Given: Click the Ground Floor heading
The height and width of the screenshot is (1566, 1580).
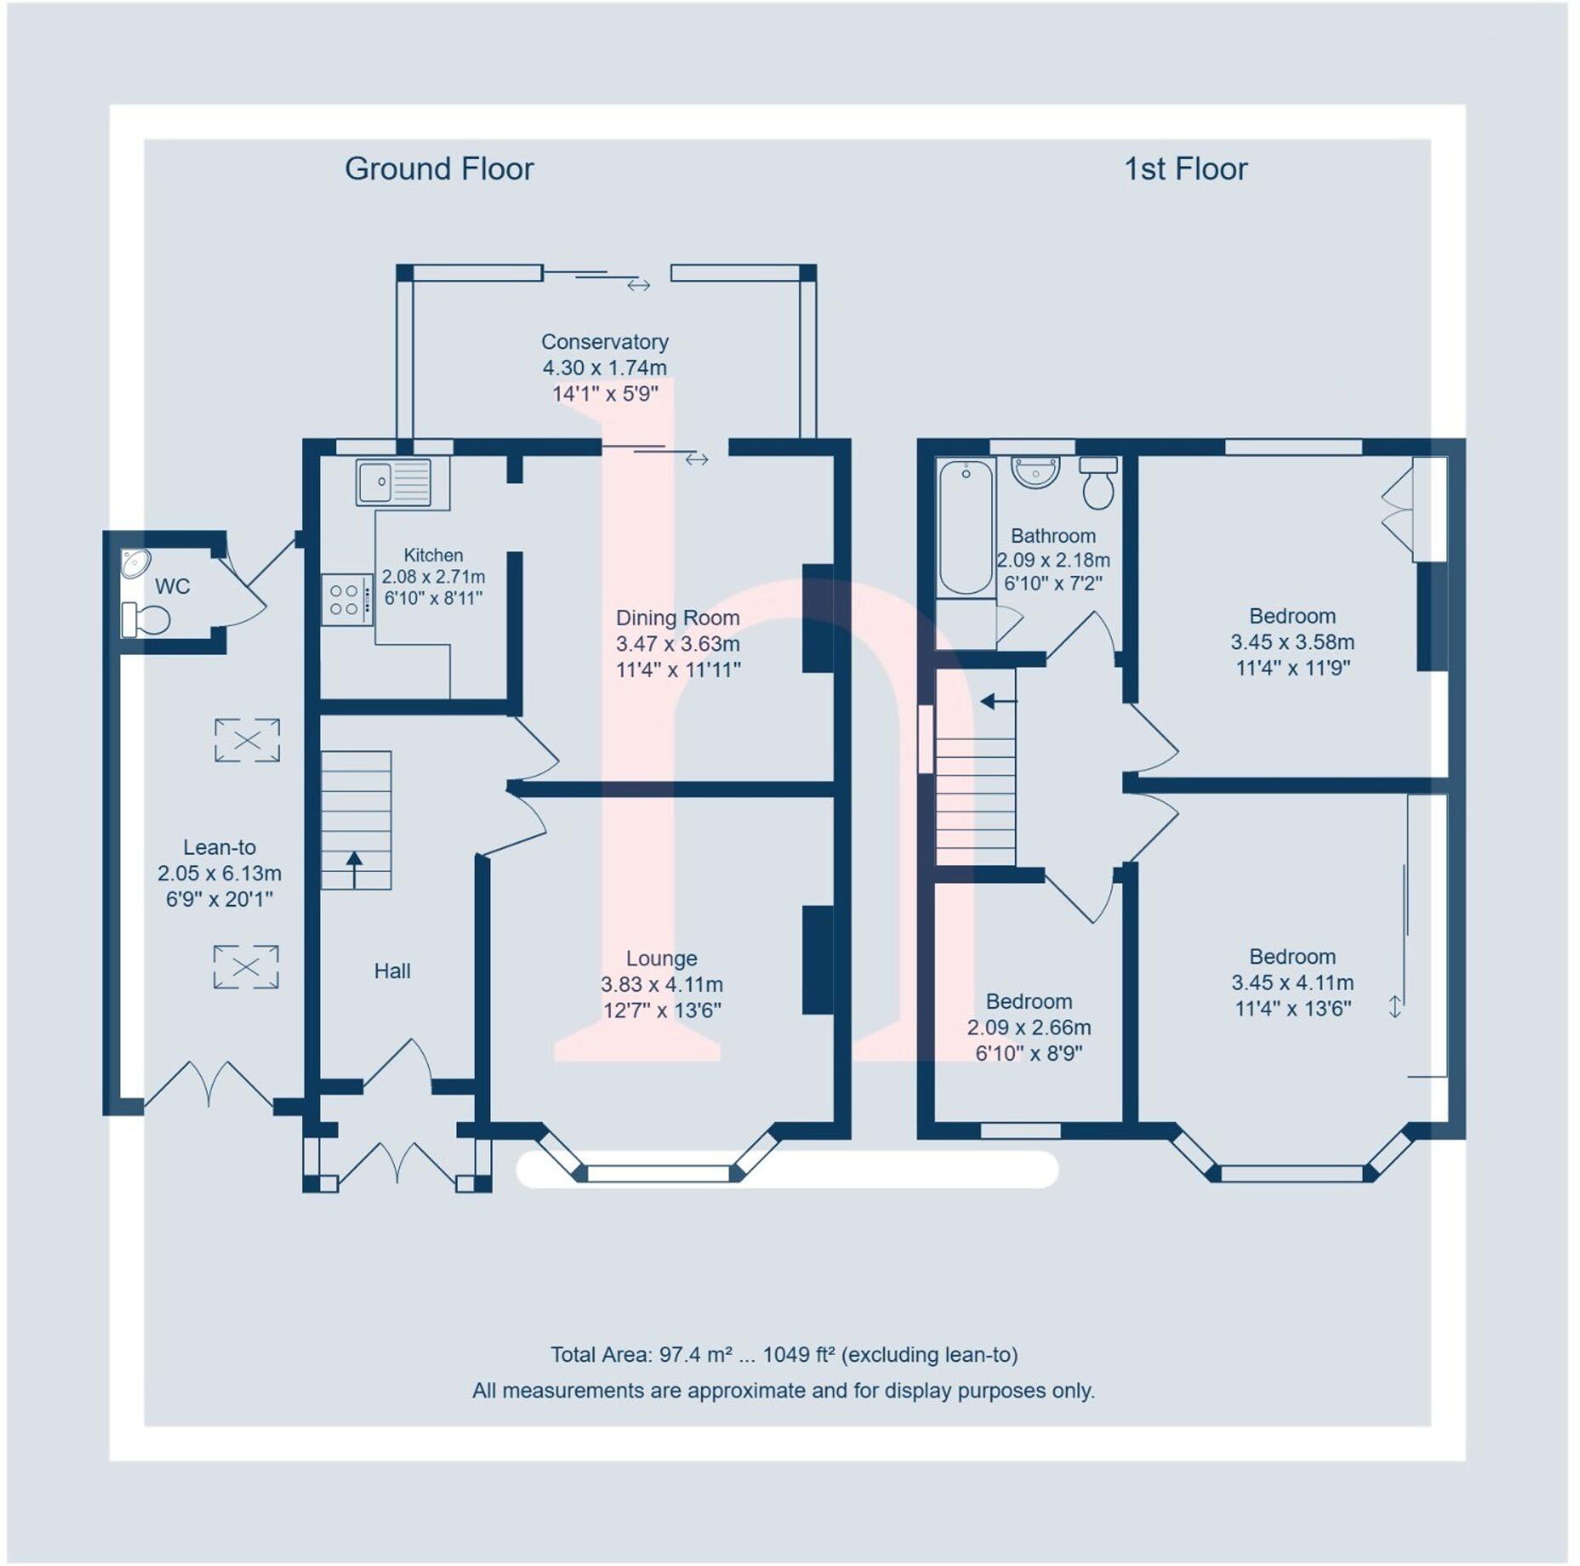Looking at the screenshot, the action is coord(439,169).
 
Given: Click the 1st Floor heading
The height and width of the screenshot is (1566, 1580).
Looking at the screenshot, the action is coord(1185,169).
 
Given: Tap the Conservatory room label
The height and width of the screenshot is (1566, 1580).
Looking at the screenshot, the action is coord(605,342).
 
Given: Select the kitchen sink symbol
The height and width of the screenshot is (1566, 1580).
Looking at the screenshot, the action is coord(394,483).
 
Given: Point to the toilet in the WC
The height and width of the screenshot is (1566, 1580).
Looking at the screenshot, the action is coord(146,620).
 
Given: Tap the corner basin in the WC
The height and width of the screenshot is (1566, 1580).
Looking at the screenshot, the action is coord(134,563).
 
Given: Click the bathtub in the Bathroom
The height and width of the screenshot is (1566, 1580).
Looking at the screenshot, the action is coord(966,528).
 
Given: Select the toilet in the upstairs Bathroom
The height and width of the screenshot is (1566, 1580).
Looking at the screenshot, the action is coord(1098,483).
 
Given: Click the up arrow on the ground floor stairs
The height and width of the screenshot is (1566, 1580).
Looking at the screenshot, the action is coord(354,868).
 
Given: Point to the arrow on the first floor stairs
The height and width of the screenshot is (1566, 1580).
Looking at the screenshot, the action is coord(998,702).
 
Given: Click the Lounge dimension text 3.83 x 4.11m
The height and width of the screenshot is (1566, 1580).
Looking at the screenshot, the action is coord(662,985).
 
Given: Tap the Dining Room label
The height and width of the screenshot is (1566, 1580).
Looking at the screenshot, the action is coord(677,618).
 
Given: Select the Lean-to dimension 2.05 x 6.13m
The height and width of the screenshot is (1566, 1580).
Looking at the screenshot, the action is coord(220,873).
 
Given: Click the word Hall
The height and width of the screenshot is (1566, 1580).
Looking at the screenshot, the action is coord(392,971).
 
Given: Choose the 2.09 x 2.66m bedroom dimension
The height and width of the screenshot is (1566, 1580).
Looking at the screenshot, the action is coord(1029,1028).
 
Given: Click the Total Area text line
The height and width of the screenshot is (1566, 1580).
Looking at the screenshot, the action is coord(784,1354).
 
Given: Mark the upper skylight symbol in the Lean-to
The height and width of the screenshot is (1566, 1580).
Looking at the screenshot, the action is coord(247,740).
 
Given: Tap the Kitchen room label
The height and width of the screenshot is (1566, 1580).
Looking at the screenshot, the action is coord(433,555).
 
